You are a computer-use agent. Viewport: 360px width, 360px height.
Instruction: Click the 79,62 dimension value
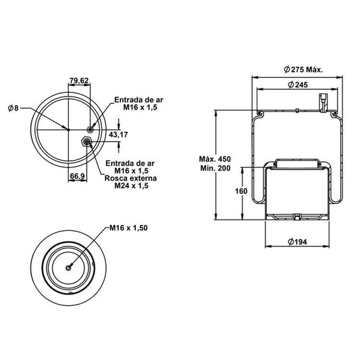[x=79, y=80]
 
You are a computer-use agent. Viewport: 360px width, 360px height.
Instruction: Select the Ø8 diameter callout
[x=13, y=107]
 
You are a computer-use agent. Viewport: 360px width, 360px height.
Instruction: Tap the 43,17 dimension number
[x=118, y=134]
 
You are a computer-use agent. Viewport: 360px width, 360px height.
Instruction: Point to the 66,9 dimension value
[x=78, y=176]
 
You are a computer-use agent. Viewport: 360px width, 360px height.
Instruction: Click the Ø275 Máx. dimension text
[x=303, y=70]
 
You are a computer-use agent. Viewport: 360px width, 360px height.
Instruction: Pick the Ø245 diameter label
[x=298, y=84]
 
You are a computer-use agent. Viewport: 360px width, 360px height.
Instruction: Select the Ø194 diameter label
[x=297, y=242]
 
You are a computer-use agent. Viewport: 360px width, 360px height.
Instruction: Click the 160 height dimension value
[x=241, y=191]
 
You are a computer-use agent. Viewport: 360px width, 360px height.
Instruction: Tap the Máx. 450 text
[x=215, y=159]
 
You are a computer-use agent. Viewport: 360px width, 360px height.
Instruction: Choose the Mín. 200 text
[x=215, y=168]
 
